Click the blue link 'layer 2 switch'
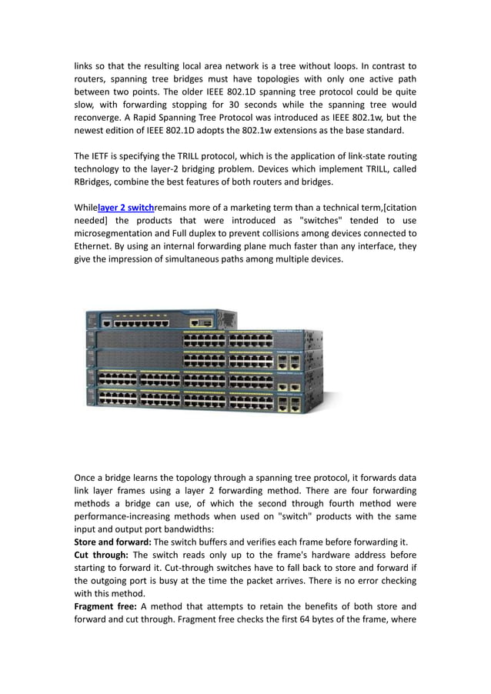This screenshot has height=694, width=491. click(x=126, y=207)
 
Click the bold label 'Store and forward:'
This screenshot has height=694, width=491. click(x=112, y=542)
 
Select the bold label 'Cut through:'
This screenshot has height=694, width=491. click(x=101, y=555)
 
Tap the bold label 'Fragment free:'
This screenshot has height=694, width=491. click(x=105, y=606)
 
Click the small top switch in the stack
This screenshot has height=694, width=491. click(x=161, y=320)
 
